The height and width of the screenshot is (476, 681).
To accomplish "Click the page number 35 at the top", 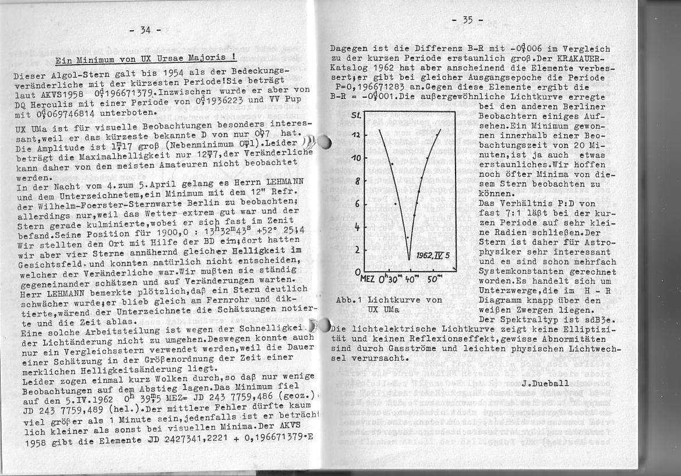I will pyautogui.click(x=467, y=20).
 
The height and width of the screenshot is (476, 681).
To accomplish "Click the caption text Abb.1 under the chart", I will pyautogui.click(x=350, y=299).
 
